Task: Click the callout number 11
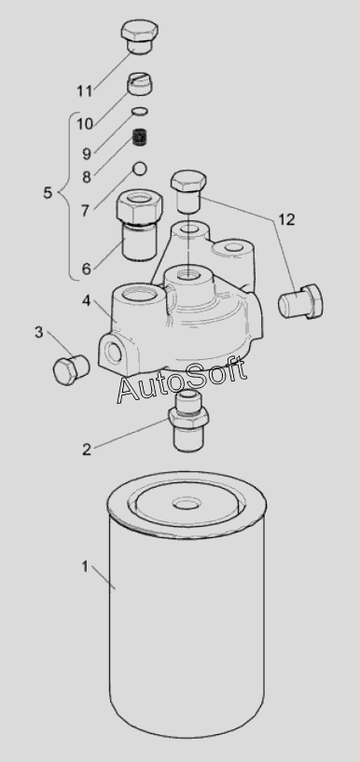[x=85, y=90]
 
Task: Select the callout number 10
[x=85, y=124]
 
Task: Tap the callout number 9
[x=87, y=154]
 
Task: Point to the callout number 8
[x=87, y=177]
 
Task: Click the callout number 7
[x=86, y=212]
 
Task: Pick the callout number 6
[x=86, y=269]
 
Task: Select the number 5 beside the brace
[x=48, y=193]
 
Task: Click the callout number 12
[x=286, y=220]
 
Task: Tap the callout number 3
[x=38, y=333]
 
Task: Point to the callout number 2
[x=87, y=450]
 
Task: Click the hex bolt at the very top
[x=139, y=36]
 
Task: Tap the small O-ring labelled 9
[x=140, y=112]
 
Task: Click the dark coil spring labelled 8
[x=141, y=136]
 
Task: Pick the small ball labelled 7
[x=140, y=168]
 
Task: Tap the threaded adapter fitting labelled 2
[x=188, y=421]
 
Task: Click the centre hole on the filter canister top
[x=187, y=504]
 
